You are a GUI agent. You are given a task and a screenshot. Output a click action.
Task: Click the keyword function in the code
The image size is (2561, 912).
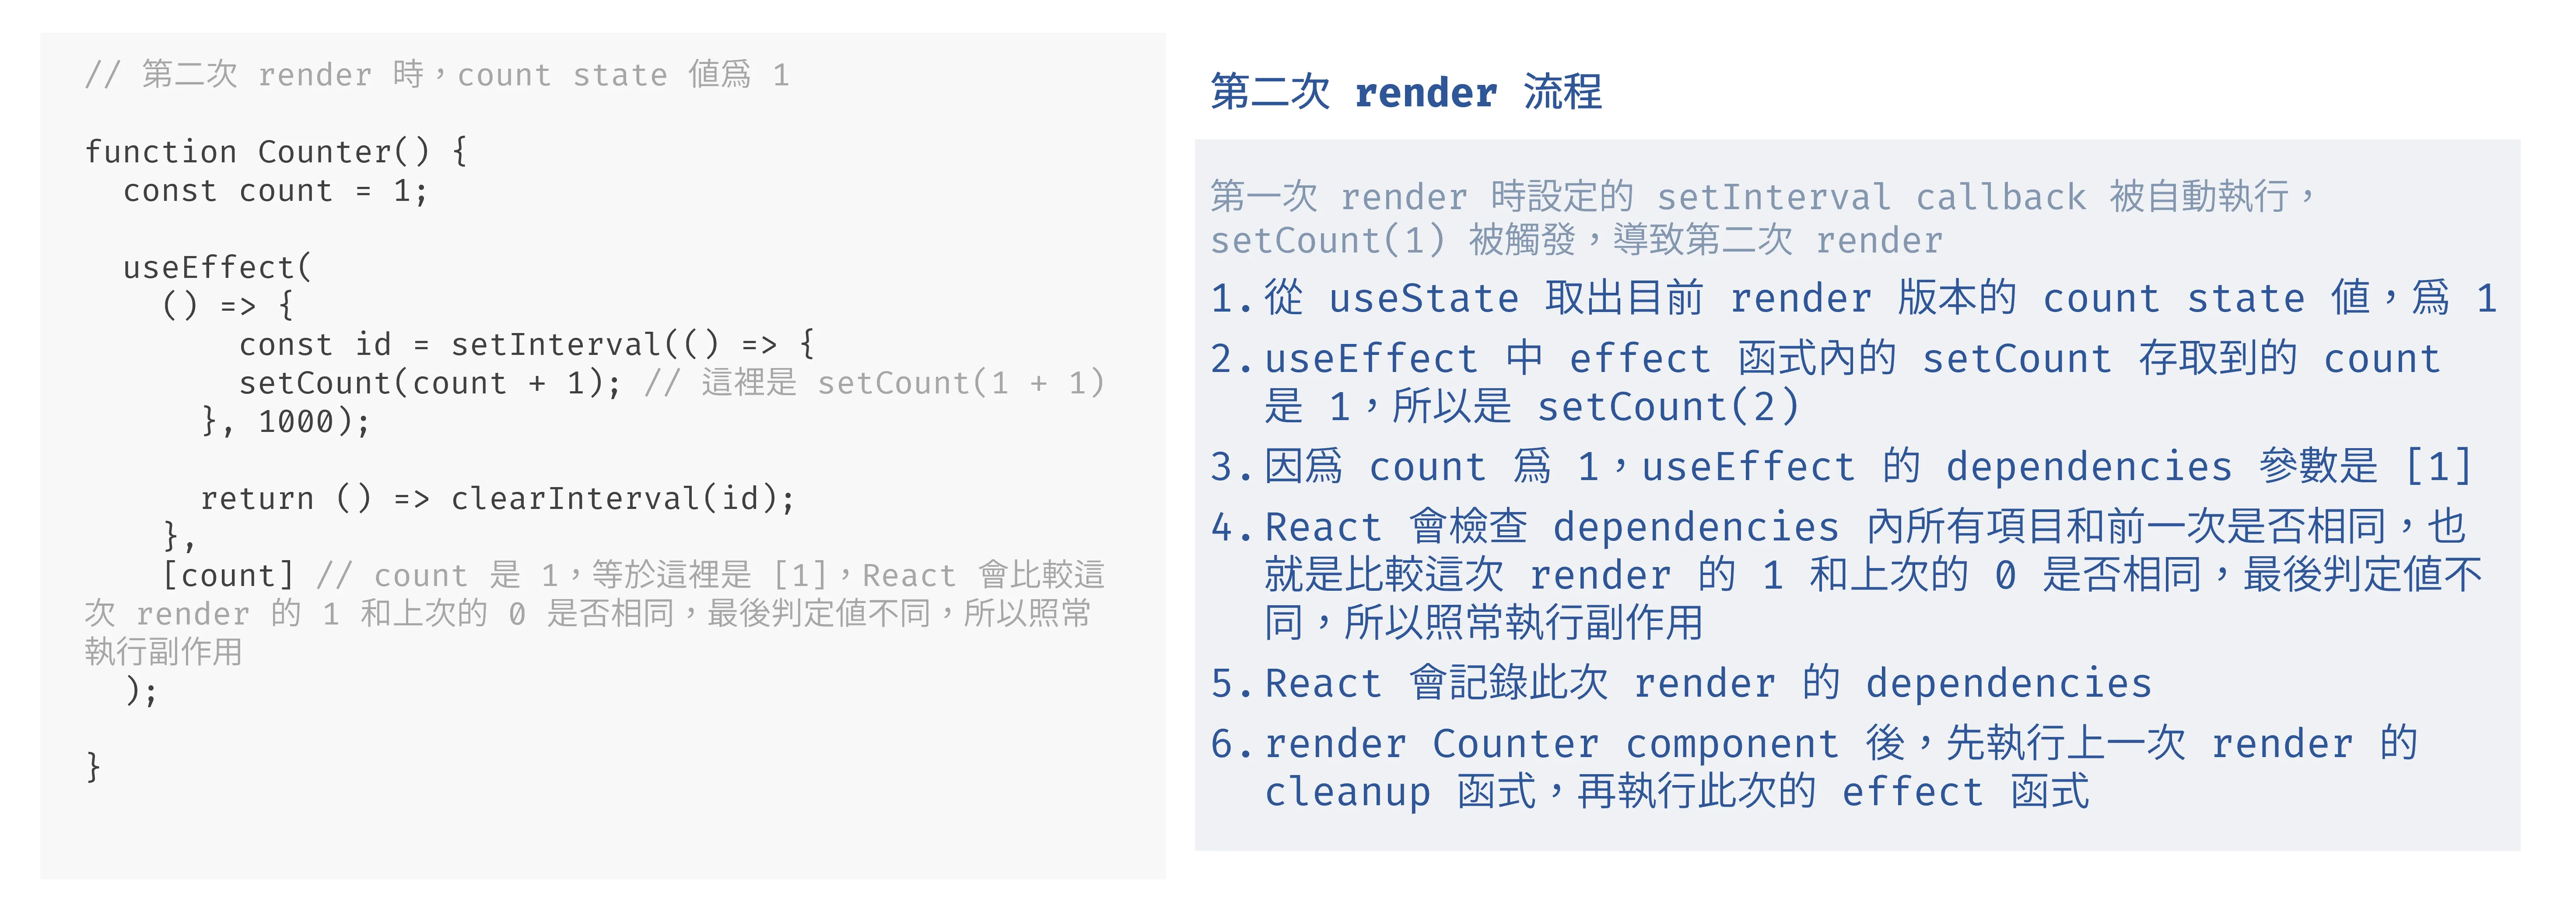click(x=160, y=152)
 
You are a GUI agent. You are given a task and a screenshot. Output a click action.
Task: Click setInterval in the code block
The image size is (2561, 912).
click(x=555, y=345)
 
